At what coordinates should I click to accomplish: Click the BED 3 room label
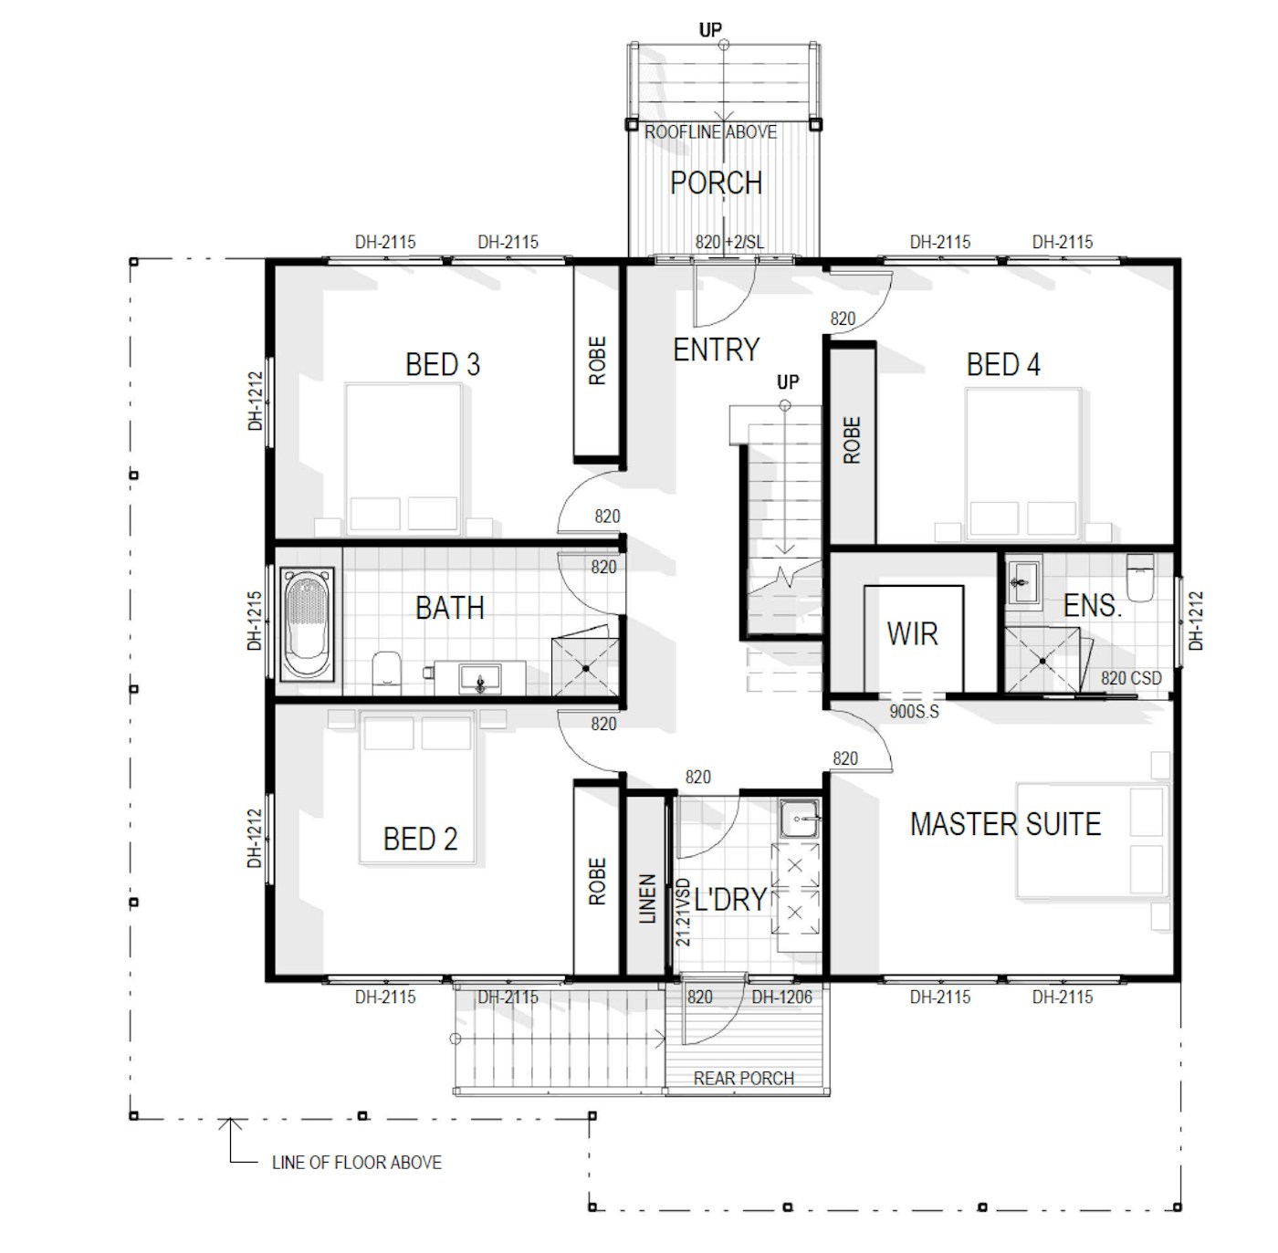click(443, 364)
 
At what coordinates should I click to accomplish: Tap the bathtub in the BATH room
click(307, 623)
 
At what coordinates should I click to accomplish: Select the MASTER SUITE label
click(1005, 824)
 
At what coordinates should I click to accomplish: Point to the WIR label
click(912, 634)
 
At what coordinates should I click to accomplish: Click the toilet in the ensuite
click(1139, 577)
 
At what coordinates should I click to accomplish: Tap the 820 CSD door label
click(1131, 678)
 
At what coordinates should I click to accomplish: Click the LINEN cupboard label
click(647, 898)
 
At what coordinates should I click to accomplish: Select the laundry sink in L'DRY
click(800, 819)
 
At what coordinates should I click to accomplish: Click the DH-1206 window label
click(781, 997)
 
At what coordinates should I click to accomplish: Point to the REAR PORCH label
click(743, 1079)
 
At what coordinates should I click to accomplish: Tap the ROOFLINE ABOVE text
click(710, 132)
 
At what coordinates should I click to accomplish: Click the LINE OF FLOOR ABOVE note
click(357, 1162)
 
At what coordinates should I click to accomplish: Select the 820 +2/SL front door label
click(729, 242)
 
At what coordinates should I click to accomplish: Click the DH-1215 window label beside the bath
click(255, 621)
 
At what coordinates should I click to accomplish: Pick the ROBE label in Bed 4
click(852, 441)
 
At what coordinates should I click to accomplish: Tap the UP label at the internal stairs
click(788, 382)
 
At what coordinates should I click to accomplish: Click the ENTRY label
click(717, 350)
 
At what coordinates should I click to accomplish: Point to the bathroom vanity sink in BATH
click(480, 678)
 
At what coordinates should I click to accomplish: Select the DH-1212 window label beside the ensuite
click(1196, 621)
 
